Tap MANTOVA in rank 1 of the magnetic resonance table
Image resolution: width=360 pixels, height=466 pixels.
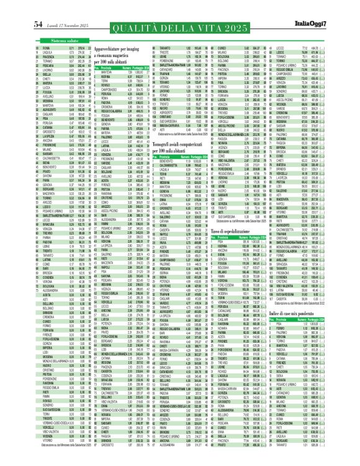coord(110,73)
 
